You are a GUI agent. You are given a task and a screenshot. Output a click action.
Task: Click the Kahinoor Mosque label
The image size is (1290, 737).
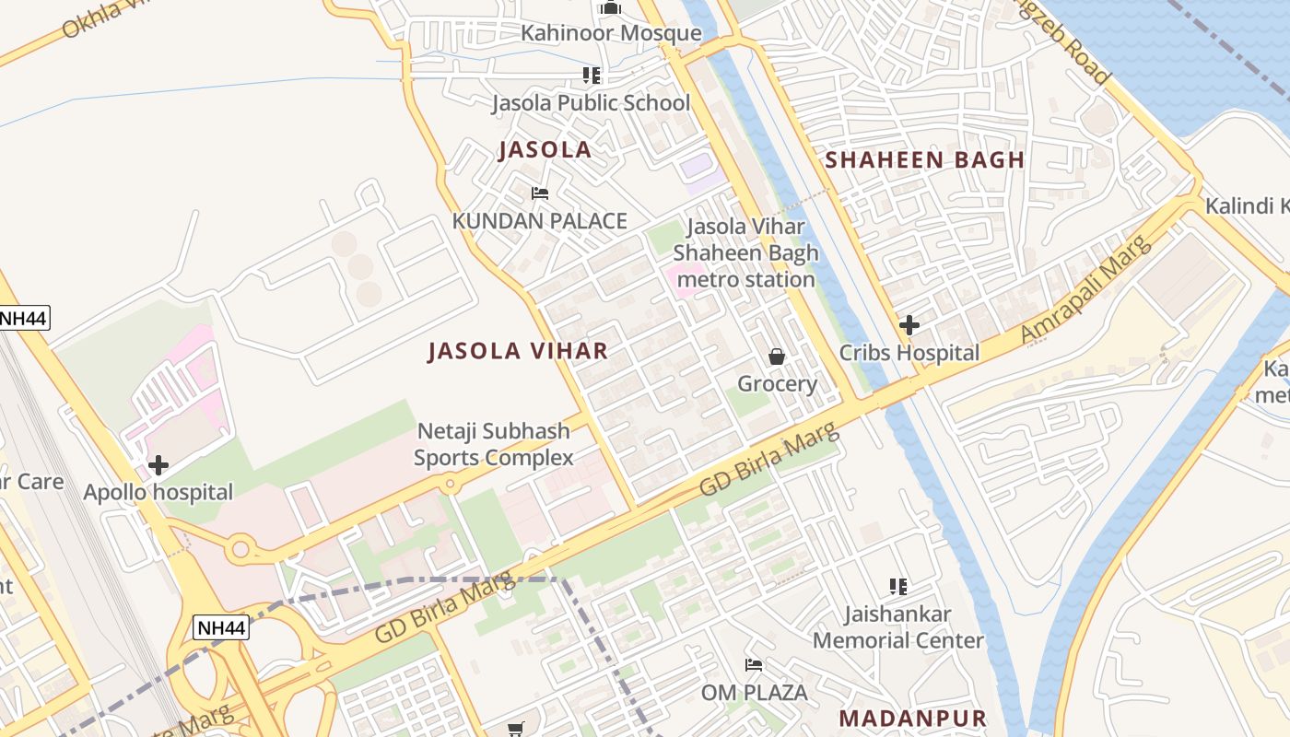tap(611, 33)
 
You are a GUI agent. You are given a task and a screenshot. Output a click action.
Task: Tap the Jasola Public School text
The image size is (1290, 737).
tap(590, 102)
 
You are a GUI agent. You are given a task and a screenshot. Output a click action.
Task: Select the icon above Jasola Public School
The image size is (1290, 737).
tap(591, 76)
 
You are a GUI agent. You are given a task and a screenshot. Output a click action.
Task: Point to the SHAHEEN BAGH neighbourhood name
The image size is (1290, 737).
tap(924, 159)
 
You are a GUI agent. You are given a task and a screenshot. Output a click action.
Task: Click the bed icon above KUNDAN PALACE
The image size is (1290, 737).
tap(540, 193)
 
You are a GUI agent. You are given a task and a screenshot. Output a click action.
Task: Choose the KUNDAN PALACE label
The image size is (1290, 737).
tap(539, 221)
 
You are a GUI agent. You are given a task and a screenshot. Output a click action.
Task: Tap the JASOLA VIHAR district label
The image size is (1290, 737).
tap(518, 350)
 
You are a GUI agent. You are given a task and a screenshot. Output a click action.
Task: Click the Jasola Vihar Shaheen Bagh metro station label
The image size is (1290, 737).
tap(745, 252)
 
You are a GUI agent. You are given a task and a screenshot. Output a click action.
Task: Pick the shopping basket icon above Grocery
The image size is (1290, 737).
tap(777, 357)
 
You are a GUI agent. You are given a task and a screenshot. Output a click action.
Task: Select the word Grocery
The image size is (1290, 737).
tap(777, 383)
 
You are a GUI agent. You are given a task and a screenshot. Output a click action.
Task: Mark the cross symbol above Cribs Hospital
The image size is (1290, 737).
tap(909, 324)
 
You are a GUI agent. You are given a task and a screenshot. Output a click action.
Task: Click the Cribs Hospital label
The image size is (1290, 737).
tap(909, 352)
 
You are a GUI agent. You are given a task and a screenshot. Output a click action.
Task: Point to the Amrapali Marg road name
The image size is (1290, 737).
tap(1087, 289)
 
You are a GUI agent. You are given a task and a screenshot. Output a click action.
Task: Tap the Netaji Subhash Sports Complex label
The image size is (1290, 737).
tap(493, 444)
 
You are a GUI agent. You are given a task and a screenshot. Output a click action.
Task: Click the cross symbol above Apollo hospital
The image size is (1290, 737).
tap(158, 465)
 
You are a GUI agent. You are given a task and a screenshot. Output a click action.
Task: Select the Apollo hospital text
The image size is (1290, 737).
tap(158, 492)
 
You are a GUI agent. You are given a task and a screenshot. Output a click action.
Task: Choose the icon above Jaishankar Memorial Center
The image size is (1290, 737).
tap(898, 586)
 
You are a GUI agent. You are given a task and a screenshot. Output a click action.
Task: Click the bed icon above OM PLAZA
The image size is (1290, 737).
tap(754, 665)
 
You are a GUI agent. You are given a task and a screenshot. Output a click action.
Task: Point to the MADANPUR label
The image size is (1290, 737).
tap(912, 718)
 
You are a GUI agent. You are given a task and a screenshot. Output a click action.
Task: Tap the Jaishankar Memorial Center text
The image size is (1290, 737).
tap(898, 626)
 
